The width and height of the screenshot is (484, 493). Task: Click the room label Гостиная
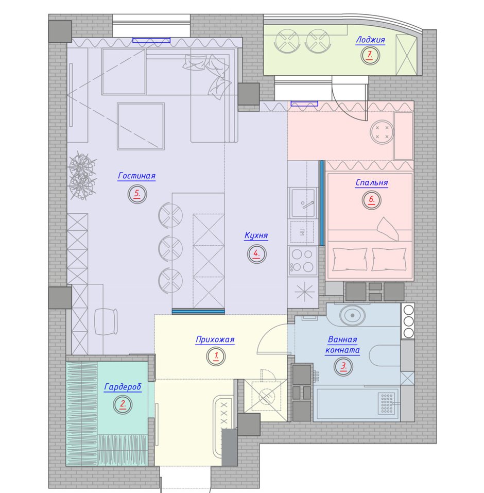click(x=137, y=176)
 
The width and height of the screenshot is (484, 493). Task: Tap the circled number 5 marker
click(x=137, y=194)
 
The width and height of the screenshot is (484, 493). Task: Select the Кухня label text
click(x=256, y=235)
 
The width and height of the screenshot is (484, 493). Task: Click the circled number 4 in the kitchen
click(x=257, y=254)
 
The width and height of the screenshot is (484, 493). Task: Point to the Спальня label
click(x=372, y=183)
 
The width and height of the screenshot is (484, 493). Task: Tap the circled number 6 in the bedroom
click(x=371, y=200)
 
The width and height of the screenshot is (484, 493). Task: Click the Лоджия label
click(x=370, y=40)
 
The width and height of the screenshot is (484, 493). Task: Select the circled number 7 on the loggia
click(x=370, y=55)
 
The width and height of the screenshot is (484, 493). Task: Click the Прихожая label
click(x=215, y=339)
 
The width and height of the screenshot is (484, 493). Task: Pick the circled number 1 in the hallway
click(x=216, y=356)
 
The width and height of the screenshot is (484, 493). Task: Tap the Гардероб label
click(x=123, y=387)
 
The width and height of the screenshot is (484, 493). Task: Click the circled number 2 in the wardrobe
click(x=123, y=404)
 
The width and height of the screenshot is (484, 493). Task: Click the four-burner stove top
click(x=302, y=261)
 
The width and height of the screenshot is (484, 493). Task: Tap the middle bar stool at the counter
click(x=170, y=248)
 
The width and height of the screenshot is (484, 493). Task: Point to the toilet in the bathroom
click(x=352, y=314)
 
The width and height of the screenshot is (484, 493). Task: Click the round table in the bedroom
click(x=382, y=132)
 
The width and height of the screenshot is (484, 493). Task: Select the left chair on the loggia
click(x=287, y=41)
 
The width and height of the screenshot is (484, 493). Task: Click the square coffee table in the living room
click(x=141, y=126)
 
